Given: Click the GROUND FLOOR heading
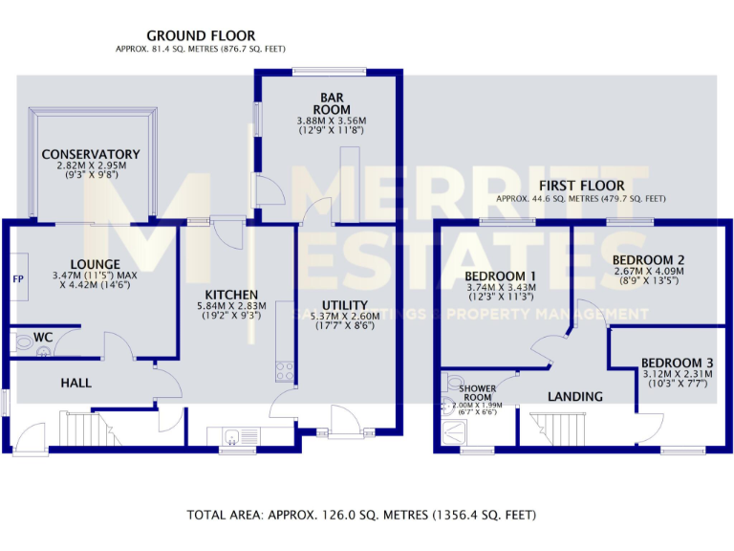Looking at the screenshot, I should [x=199, y=35].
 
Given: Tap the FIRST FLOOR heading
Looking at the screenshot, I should [x=581, y=186].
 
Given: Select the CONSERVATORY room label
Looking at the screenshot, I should [x=91, y=154].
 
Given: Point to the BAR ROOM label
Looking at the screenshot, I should [x=332, y=102].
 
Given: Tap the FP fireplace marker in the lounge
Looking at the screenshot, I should [x=17, y=279].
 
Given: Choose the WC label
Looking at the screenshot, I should [x=43, y=338].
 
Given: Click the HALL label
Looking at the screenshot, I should [x=76, y=383].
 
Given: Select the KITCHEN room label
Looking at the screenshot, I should [x=230, y=294].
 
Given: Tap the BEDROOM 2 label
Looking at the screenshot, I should [x=648, y=259].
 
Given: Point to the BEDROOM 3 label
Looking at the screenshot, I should [x=677, y=363].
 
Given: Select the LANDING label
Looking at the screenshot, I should [x=575, y=396].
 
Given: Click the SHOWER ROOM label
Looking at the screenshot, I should [x=477, y=392].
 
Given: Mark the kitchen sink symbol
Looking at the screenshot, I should [x=230, y=438].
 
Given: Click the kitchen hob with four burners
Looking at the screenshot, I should [x=284, y=369].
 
